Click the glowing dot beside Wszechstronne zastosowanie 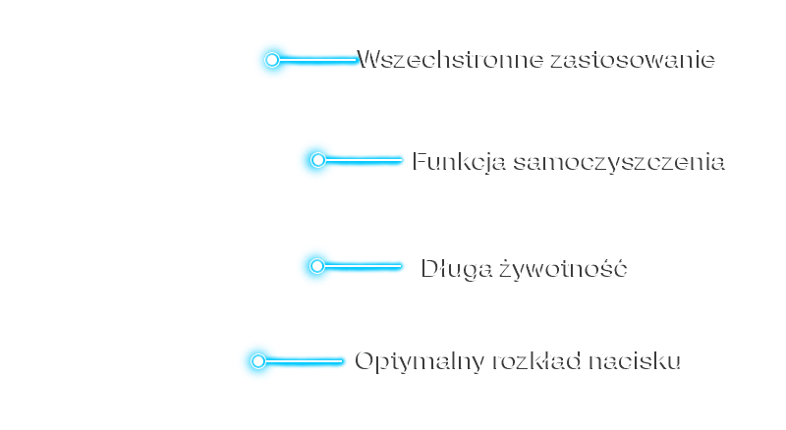(x=272, y=60)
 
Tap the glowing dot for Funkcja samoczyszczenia (x=316, y=159)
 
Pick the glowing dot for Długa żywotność (x=316, y=265)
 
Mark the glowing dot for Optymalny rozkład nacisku (x=257, y=361)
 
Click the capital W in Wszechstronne (x=370, y=59)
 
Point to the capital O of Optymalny (x=365, y=360)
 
